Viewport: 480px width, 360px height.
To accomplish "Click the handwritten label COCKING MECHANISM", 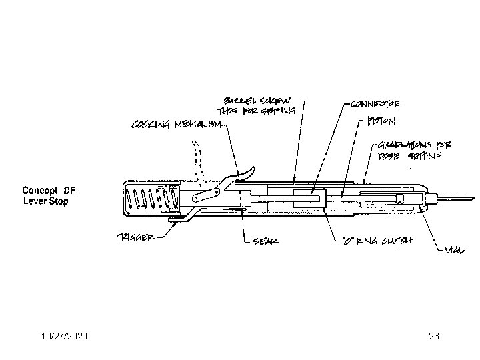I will (176, 125).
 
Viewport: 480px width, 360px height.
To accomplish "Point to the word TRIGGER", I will (137, 237).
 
